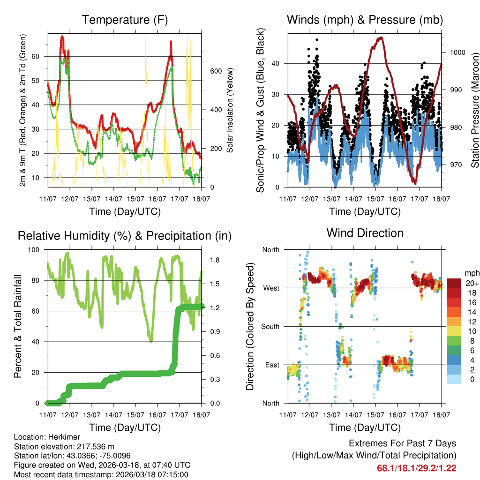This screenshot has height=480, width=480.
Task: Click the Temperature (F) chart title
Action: pos(125,20)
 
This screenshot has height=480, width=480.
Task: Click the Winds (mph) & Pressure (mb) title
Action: pos(365,20)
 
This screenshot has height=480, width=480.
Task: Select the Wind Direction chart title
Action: pos(365,233)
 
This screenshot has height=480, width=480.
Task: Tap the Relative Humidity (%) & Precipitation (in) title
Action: pos(125,236)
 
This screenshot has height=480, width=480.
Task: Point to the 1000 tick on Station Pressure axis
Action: pos(457,52)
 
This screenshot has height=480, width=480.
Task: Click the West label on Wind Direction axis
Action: pos(271,288)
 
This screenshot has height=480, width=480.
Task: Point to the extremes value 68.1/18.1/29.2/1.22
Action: pos(416,468)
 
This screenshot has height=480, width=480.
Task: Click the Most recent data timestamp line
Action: pos(101,474)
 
